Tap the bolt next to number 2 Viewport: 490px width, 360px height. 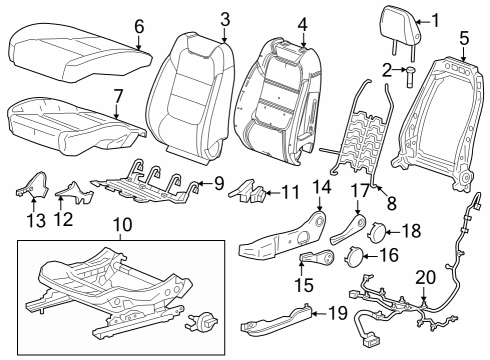click(x=410, y=77)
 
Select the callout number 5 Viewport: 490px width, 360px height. click(x=464, y=39)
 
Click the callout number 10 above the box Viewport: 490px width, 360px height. click(x=123, y=225)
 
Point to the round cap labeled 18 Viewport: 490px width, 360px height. click(x=378, y=231)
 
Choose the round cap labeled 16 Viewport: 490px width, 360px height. click(x=354, y=257)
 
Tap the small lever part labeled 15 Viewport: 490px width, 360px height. click(x=317, y=258)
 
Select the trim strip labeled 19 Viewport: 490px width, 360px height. click(x=276, y=320)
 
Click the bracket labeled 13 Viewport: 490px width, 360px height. click(x=32, y=184)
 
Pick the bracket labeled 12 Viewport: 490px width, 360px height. click(x=74, y=192)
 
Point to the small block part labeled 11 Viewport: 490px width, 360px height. click(x=247, y=191)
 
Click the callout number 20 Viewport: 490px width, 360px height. click(x=425, y=277)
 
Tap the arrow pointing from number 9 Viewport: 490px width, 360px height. click(x=204, y=183)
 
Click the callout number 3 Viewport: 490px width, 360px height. click(x=225, y=19)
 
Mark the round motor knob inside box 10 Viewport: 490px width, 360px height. click(x=200, y=321)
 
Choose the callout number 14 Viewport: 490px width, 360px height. click(x=322, y=187)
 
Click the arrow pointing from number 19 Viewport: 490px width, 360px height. click(x=320, y=313)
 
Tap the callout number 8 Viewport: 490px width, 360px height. click(x=391, y=203)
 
